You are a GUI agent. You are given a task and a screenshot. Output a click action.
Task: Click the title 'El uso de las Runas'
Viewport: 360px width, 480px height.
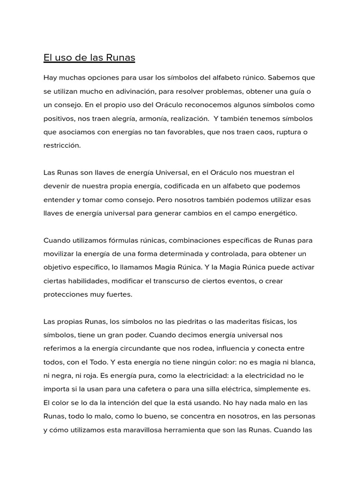click(x=89, y=58)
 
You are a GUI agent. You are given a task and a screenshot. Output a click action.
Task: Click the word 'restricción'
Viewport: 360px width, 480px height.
click(x=62, y=145)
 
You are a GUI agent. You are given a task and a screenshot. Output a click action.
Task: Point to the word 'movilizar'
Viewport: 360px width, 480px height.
click(x=59, y=254)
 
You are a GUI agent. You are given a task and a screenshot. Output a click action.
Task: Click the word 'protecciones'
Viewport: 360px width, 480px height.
click(x=65, y=295)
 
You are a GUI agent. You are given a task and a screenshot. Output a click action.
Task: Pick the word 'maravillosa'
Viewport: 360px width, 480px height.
click(x=132, y=430)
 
